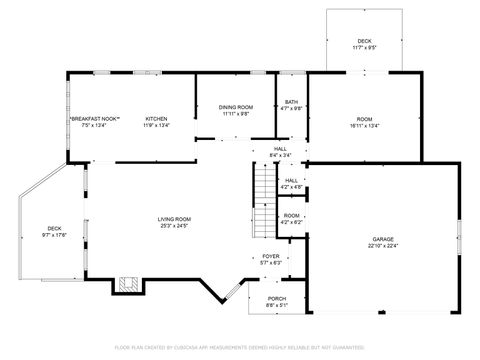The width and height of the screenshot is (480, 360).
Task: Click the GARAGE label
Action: click(x=382, y=238)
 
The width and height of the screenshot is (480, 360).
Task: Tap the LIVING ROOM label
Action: click(x=174, y=219)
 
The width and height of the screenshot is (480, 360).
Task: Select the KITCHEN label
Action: click(x=156, y=119)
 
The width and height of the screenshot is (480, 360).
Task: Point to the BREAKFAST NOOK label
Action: click(x=95, y=119)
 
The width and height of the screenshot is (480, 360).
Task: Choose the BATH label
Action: click(x=291, y=102)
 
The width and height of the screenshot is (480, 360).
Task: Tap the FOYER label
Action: click(x=271, y=256)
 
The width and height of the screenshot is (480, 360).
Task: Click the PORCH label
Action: click(x=277, y=299)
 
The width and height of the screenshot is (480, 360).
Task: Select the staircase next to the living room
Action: click(x=262, y=199)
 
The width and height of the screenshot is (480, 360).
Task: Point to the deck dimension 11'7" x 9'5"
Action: click(x=364, y=47)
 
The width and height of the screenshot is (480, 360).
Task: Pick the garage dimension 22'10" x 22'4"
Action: click(x=382, y=245)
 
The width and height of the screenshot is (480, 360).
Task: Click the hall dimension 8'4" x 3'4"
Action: click(x=280, y=155)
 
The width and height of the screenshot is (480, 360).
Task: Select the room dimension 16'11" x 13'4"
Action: click(x=364, y=126)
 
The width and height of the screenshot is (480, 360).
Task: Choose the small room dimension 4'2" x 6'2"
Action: click(x=291, y=221)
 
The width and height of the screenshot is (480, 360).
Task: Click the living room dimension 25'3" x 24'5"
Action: click(x=174, y=226)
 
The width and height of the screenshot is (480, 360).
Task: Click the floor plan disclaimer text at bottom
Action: click(x=240, y=347)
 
